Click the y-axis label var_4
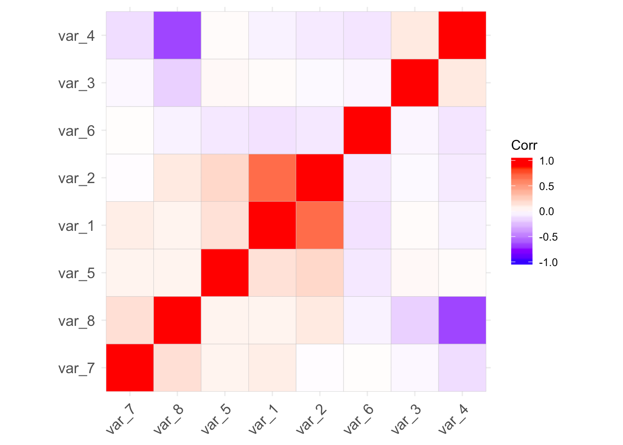(76, 36)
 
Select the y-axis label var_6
(76, 131)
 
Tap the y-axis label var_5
(76, 273)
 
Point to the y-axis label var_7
(76, 369)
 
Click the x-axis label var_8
(169, 419)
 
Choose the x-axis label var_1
(264, 419)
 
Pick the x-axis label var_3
(406, 419)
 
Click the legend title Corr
(524, 146)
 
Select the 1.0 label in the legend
(547, 161)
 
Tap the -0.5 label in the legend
(548, 237)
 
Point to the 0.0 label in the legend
(547, 212)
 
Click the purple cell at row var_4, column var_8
(177, 35)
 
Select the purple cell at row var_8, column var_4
(462, 320)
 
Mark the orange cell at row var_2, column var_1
(272, 178)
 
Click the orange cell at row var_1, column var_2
(320, 225)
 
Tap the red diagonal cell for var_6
(367, 130)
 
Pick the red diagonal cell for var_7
(130, 368)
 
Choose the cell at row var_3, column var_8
(177, 83)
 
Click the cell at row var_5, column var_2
(320, 273)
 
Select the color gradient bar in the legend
(521, 211)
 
